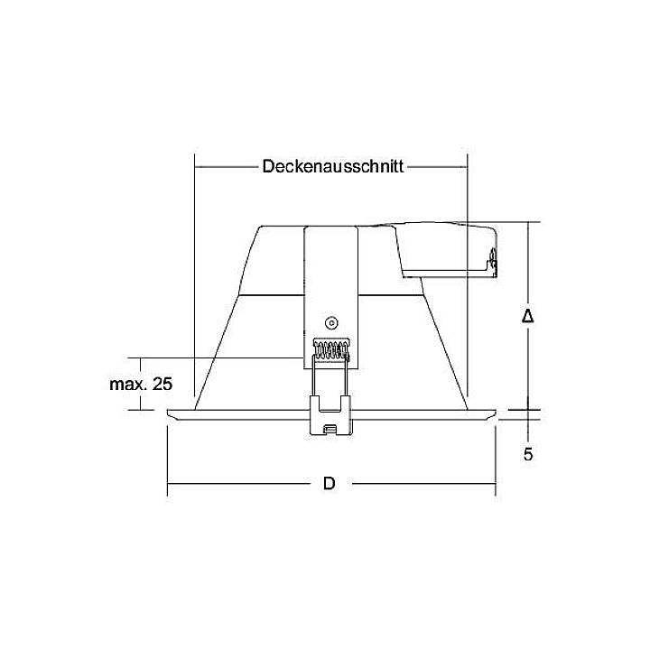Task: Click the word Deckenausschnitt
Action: [332, 167]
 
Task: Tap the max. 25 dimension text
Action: [140, 384]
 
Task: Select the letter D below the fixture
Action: [330, 484]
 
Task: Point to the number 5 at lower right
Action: [528, 454]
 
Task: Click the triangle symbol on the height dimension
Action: [529, 316]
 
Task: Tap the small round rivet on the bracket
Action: [330, 322]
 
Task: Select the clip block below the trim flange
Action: [330, 416]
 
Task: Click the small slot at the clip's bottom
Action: [331, 428]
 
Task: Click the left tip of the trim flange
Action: [170, 414]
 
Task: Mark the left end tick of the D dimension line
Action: [168, 484]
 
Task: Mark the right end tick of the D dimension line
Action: [495, 484]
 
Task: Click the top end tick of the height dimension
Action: [529, 222]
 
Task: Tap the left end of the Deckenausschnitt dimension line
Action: [195, 167]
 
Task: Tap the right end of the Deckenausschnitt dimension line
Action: [467, 167]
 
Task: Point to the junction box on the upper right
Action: [447, 248]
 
